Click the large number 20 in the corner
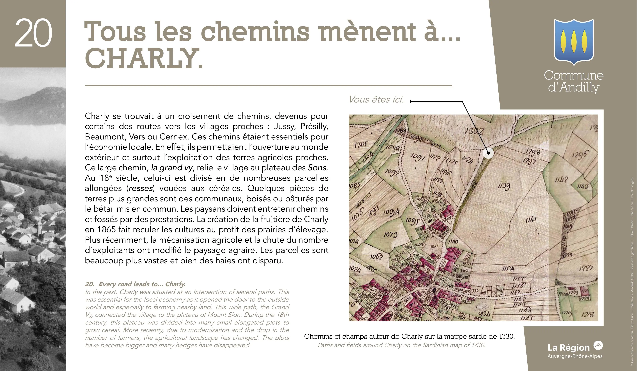(x=34, y=33)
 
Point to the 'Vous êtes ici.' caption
(x=376, y=100)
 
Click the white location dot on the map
(x=488, y=153)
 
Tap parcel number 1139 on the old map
(x=504, y=186)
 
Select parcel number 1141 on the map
(x=531, y=219)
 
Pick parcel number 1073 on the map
(x=391, y=235)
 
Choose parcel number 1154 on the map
(x=508, y=269)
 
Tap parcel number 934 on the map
(x=485, y=314)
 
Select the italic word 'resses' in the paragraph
(x=141, y=188)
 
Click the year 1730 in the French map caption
(x=506, y=336)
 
